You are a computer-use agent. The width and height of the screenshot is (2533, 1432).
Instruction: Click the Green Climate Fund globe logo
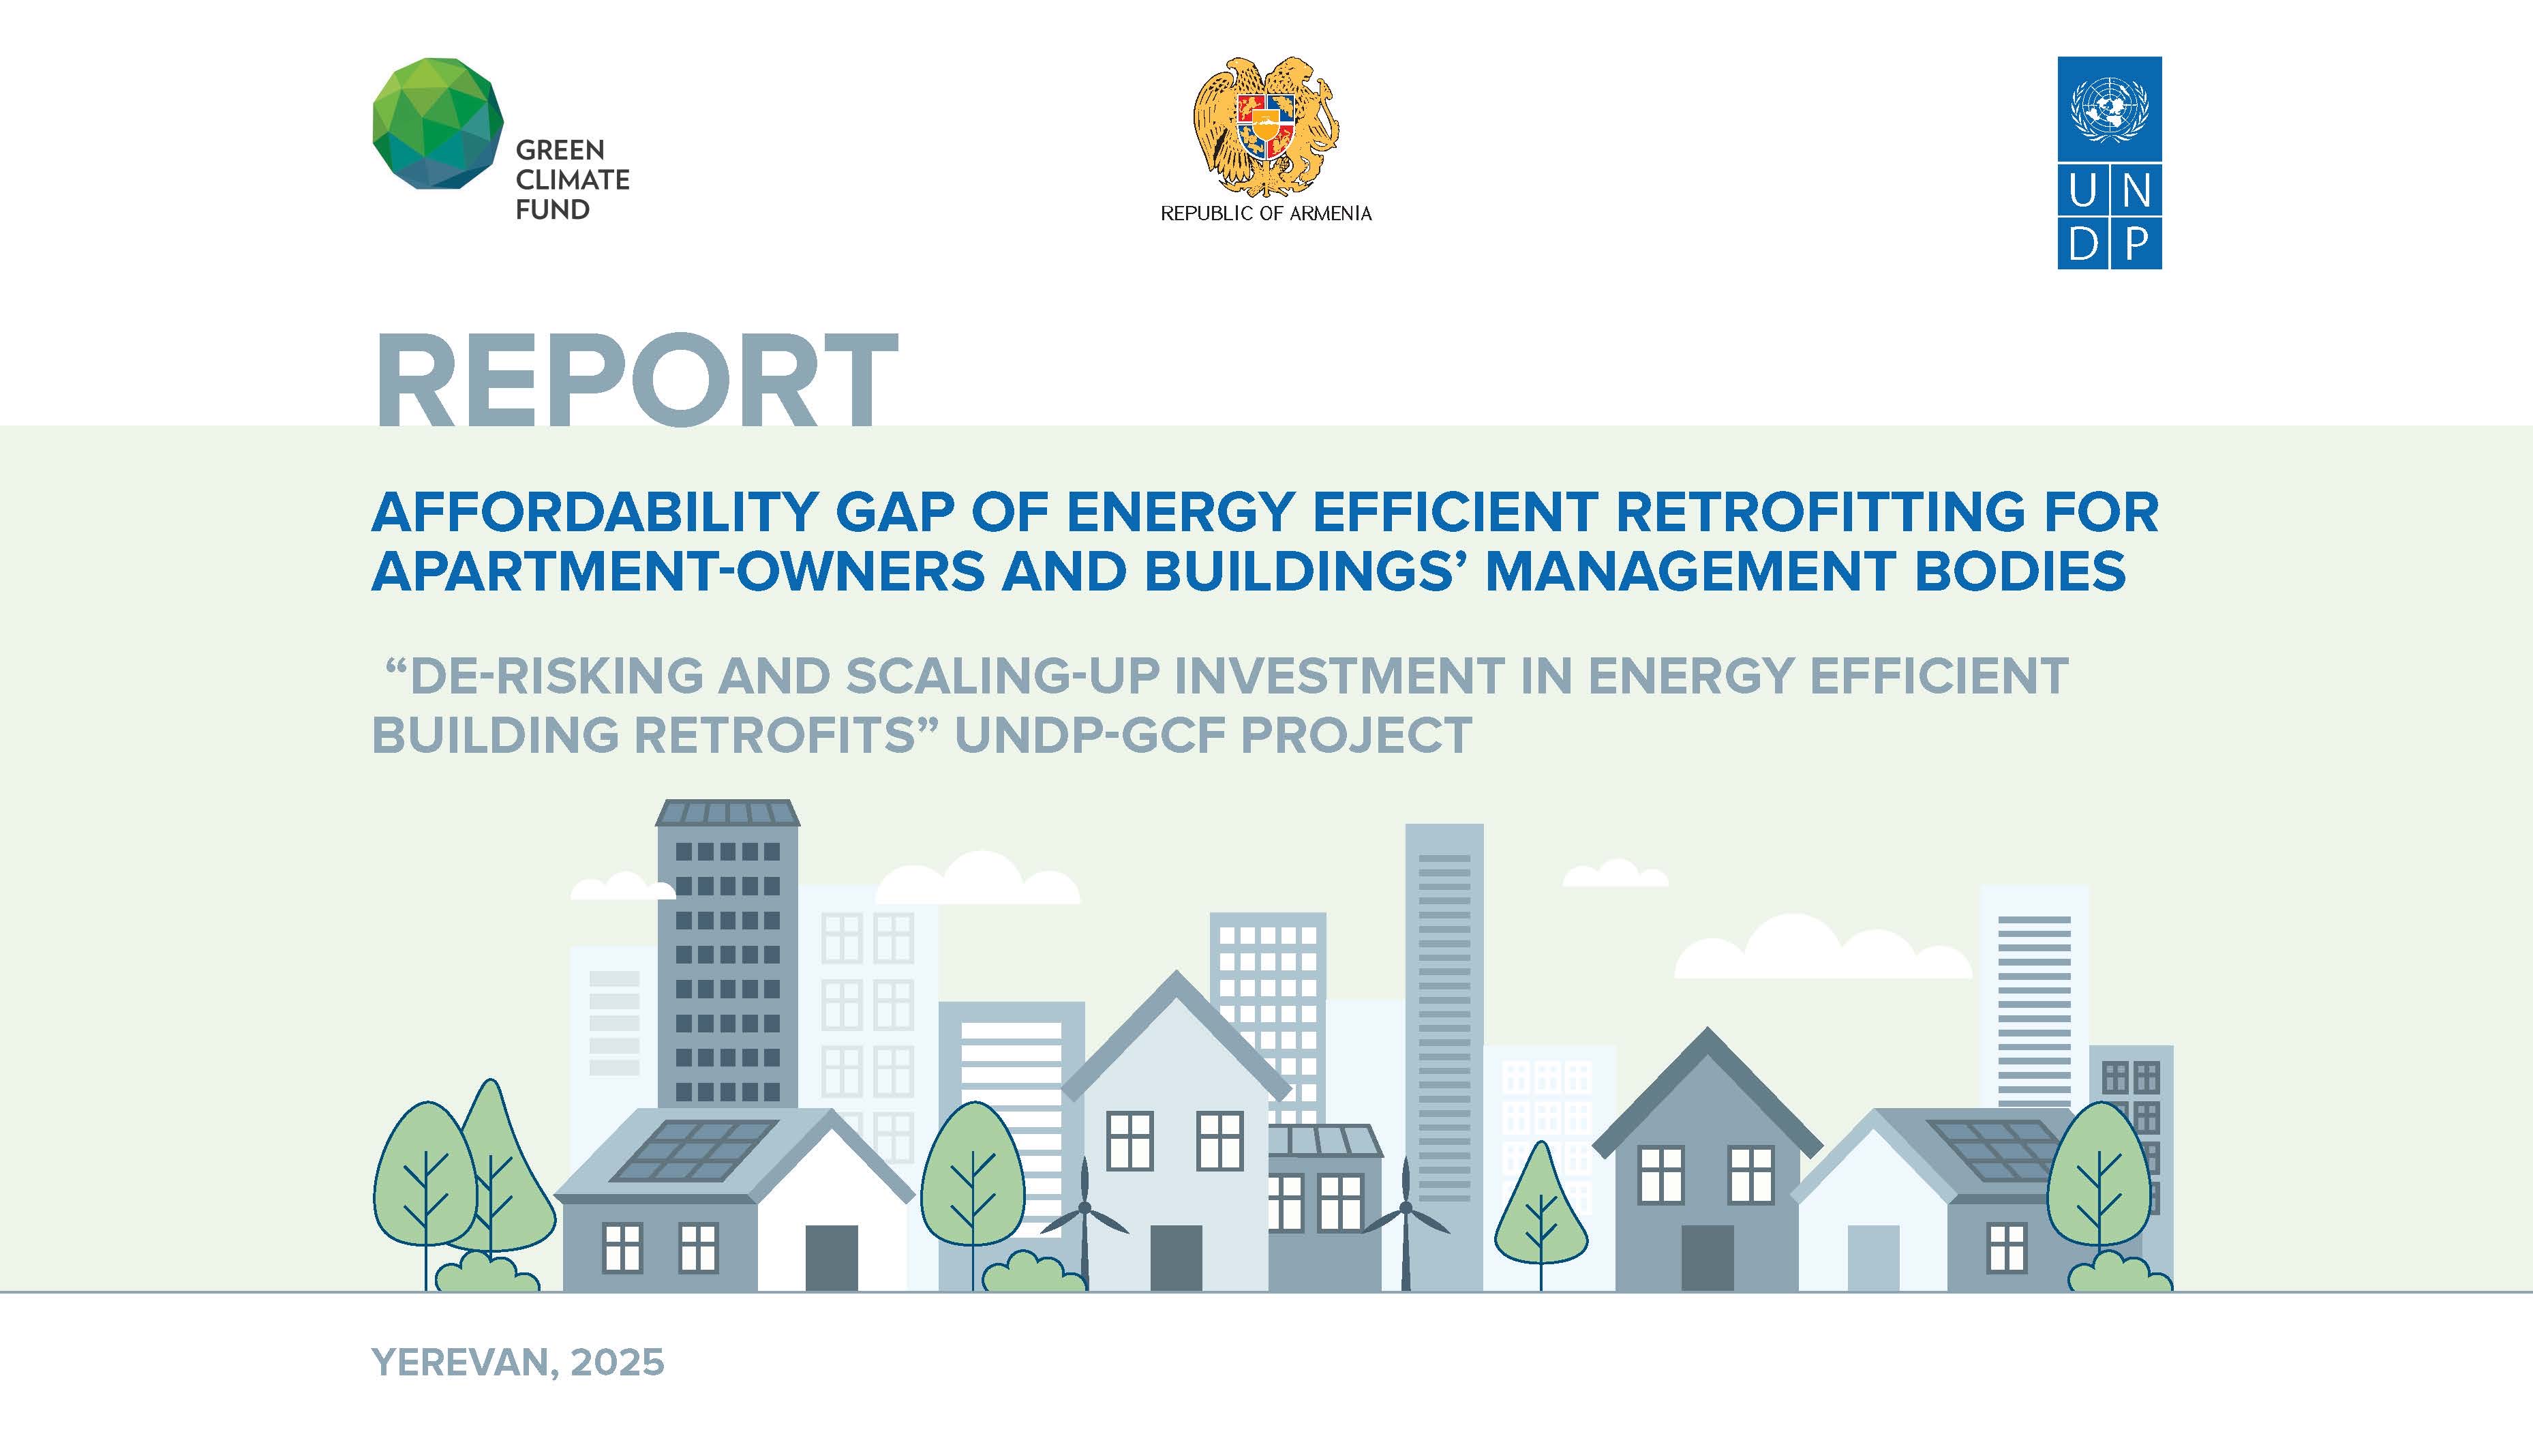[x=438, y=123]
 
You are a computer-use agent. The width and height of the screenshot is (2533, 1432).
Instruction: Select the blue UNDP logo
[x=2109, y=162]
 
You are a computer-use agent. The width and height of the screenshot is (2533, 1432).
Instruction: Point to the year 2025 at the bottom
[x=618, y=1362]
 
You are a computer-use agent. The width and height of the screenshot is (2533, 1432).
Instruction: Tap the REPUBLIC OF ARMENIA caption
[x=1266, y=213]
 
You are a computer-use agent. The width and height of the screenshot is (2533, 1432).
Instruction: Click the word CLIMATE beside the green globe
[x=573, y=180]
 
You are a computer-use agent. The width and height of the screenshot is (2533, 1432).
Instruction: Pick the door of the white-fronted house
[x=832, y=1258]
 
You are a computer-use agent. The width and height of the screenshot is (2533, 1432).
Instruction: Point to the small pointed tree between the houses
[x=1541, y=1208]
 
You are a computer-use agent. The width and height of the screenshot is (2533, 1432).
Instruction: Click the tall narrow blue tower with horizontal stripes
[x=1444, y=1052]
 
